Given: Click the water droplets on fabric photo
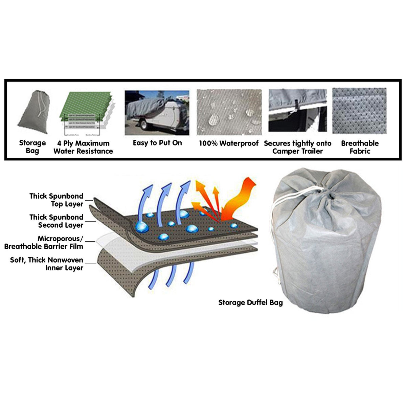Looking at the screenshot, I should click(229, 112).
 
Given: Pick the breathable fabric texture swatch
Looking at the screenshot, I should click(359, 111).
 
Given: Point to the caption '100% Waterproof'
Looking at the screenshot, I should click(229, 143).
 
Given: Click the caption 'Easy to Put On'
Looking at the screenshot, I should click(157, 143).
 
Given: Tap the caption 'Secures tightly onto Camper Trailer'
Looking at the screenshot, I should click(298, 147).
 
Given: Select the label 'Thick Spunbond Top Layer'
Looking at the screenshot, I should click(56, 200).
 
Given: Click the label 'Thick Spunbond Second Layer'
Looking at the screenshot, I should click(56, 221).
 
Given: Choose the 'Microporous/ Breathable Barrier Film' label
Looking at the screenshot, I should click(44, 242).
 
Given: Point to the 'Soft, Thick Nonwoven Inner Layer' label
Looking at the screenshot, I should click(47, 264).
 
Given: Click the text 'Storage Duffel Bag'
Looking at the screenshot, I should click(250, 302).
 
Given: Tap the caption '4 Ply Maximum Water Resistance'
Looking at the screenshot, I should click(83, 147).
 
